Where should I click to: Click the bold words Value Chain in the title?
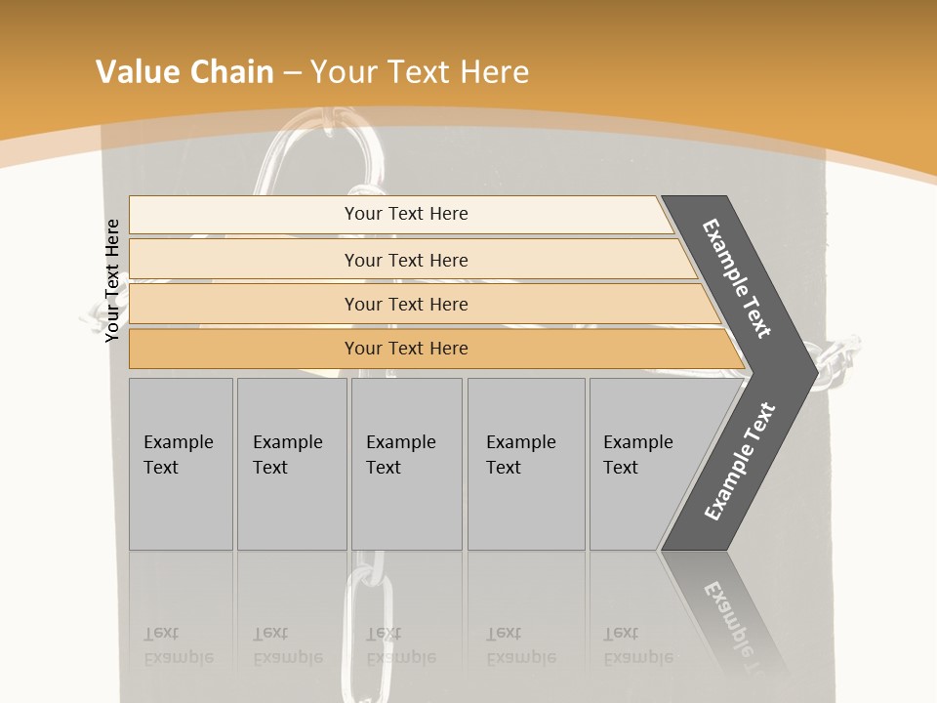(184, 71)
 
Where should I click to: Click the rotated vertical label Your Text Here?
(112, 280)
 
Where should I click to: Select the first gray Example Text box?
(181, 464)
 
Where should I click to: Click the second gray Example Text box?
(292, 464)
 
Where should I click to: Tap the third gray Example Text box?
(406, 464)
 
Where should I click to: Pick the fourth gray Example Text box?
(526, 464)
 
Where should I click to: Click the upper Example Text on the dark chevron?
(737, 278)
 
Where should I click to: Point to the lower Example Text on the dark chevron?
(739, 462)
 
